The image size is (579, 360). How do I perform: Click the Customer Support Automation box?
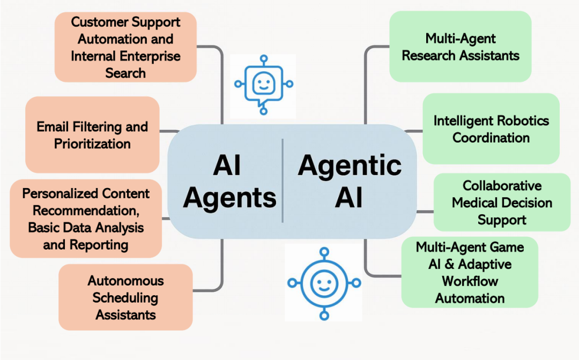[x=125, y=47]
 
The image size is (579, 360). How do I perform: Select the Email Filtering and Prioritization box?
[x=92, y=135]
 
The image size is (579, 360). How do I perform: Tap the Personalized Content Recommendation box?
[x=86, y=219]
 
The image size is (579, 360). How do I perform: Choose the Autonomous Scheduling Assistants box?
[x=125, y=297]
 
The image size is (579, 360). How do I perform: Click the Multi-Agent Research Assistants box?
[x=460, y=47]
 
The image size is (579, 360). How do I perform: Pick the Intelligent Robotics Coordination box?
[x=491, y=129]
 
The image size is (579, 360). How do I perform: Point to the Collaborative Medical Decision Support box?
[x=502, y=202]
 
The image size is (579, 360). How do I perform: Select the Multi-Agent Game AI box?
[x=470, y=272]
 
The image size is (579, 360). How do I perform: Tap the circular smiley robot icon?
[x=323, y=282]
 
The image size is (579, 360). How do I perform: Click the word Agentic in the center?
[x=350, y=166]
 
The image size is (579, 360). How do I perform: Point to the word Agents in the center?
[x=229, y=198]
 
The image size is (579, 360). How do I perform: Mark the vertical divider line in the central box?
[x=283, y=181]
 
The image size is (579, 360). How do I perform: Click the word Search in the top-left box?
[x=125, y=73]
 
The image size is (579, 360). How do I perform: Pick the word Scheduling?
[x=125, y=297]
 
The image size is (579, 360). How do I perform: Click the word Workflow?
[x=470, y=281]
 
